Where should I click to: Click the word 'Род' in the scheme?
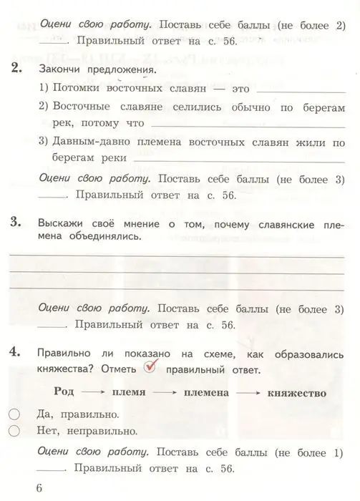point(65,393)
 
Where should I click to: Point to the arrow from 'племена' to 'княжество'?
point(248,393)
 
